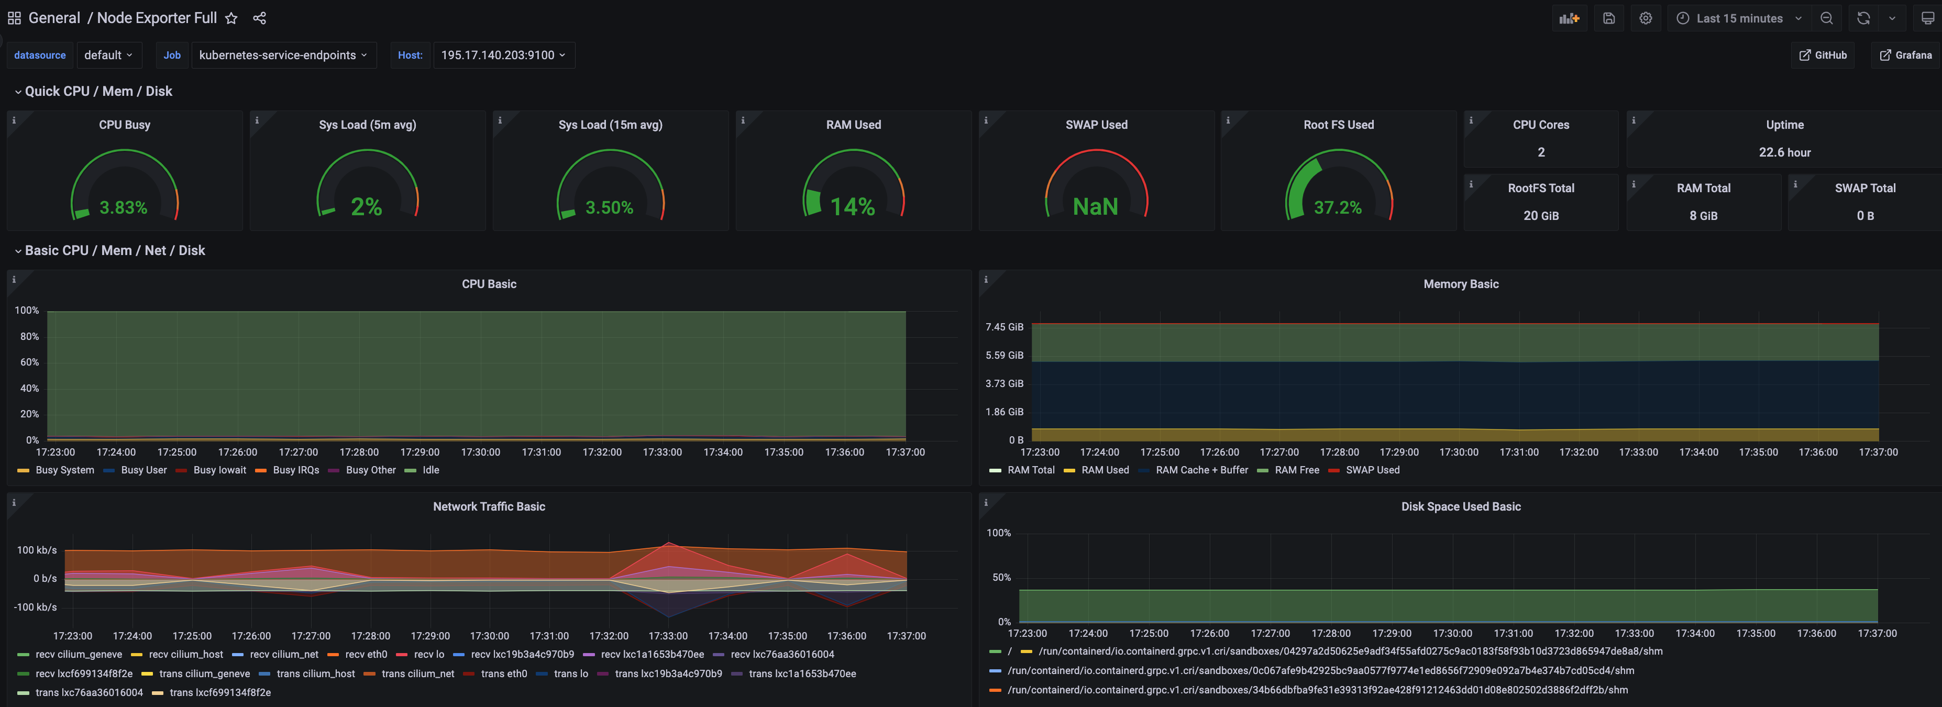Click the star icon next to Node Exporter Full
pos(231,18)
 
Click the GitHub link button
pos(1823,55)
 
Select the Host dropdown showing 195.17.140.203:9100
pos(503,55)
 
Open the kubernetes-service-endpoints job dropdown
pos(283,55)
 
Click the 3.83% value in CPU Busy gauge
pos(124,207)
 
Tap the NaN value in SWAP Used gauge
pos(1096,206)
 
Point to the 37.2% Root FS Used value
pos(1338,207)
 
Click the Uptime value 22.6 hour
pos(1784,152)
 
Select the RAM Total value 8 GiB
pos(1703,216)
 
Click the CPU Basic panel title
pos(489,284)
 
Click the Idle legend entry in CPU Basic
pos(431,470)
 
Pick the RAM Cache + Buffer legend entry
pos(1201,470)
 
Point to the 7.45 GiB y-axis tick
pos(1004,327)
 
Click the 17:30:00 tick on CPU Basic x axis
pos(480,452)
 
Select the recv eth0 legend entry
pos(366,654)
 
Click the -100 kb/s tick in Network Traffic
pos(36,607)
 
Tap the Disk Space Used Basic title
pos(1460,506)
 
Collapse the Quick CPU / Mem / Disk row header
pos(98,91)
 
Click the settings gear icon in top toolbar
pos(1645,18)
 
